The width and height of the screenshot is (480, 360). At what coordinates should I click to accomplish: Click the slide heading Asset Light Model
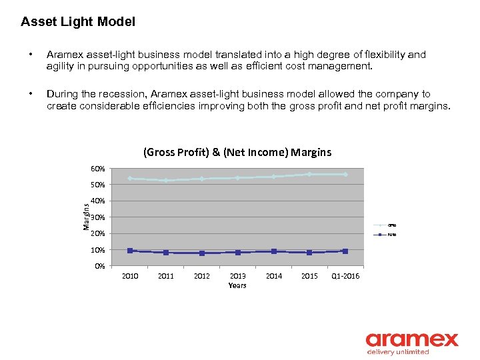click(x=78, y=22)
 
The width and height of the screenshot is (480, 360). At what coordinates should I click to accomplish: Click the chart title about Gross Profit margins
click(x=237, y=152)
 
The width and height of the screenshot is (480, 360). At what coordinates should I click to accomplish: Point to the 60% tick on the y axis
click(x=98, y=169)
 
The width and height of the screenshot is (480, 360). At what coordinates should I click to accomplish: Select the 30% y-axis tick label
click(x=98, y=218)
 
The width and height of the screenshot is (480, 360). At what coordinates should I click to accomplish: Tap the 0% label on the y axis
click(x=99, y=267)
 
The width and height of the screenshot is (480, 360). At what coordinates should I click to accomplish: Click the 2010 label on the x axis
click(x=130, y=276)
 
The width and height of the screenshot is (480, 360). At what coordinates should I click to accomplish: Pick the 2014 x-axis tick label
click(x=273, y=276)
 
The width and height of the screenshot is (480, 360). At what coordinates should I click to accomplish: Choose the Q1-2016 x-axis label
click(x=345, y=276)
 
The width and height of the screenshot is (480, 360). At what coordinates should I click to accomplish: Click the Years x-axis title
click(x=237, y=285)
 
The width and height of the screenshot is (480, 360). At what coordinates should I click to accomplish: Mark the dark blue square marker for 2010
click(x=130, y=251)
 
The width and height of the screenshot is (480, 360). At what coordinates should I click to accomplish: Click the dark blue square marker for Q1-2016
click(x=345, y=251)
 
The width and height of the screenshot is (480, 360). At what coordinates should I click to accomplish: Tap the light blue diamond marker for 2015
click(x=309, y=175)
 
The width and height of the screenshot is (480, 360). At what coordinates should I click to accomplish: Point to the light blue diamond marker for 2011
click(x=166, y=180)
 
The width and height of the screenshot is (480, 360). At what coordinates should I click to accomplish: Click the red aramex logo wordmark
click(x=411, y=339)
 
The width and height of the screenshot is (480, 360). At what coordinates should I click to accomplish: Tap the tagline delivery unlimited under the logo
click(x=398, y=353)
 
